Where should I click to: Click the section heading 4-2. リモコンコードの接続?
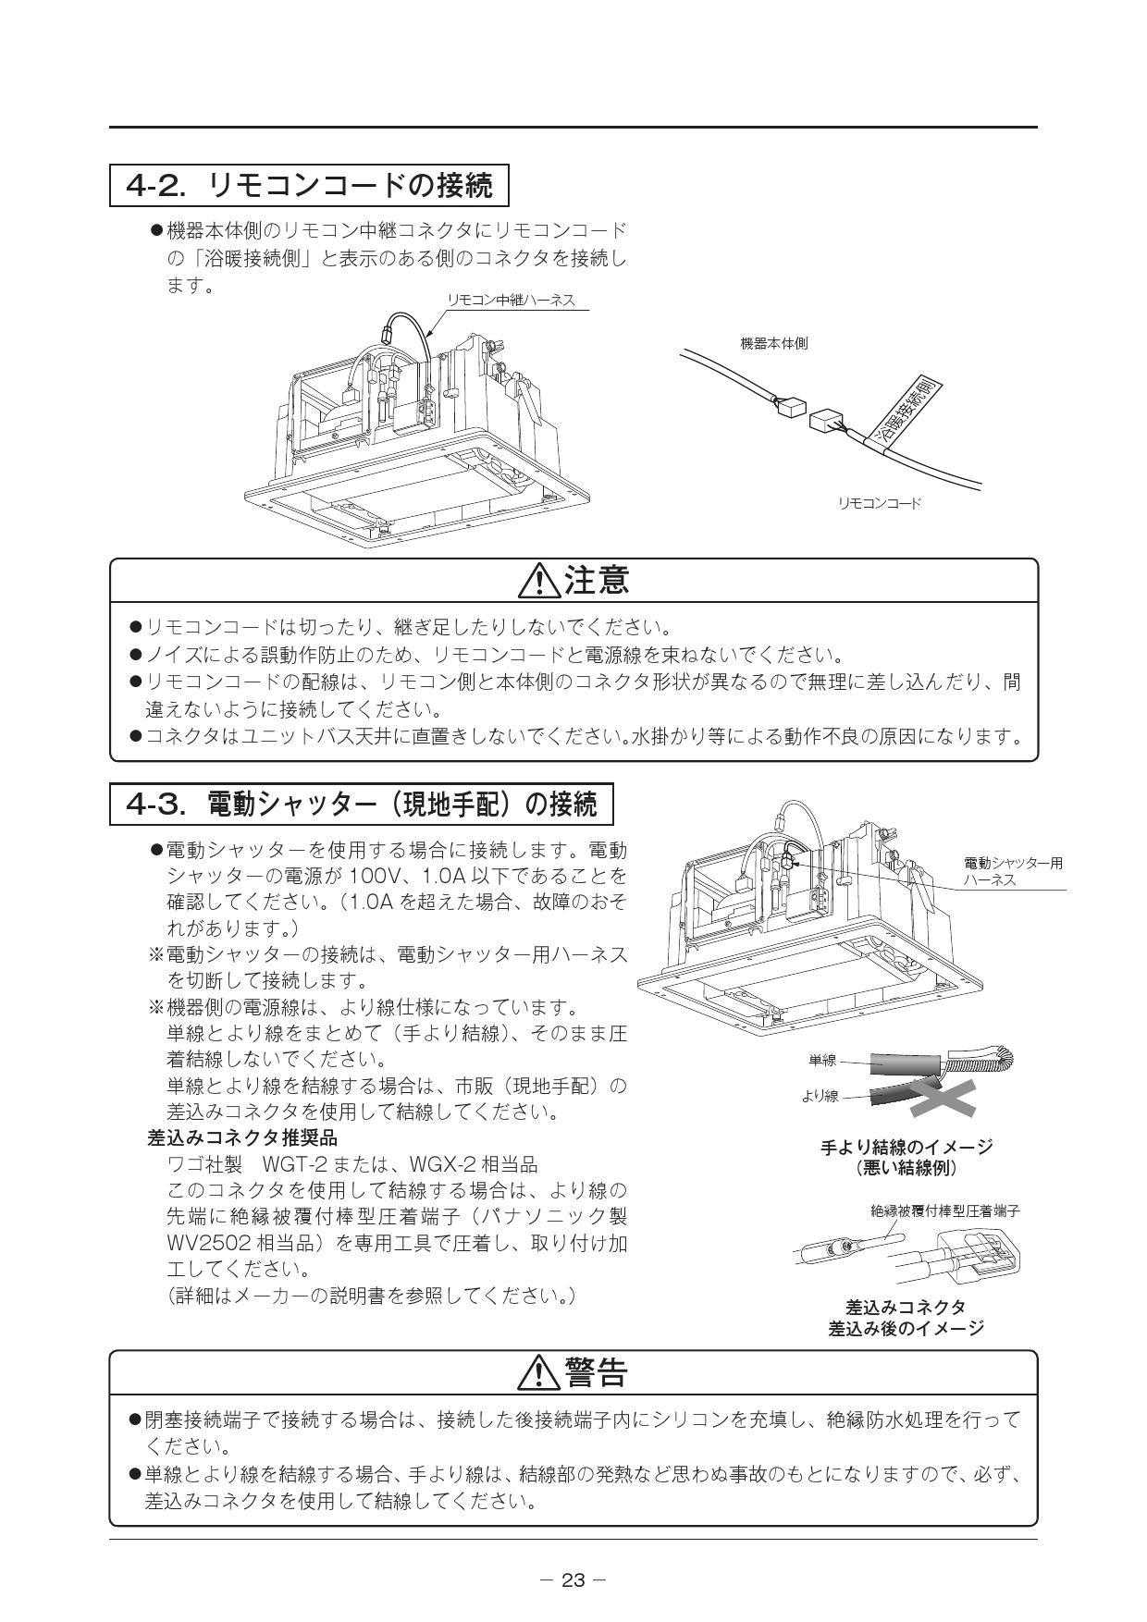coord(310,186)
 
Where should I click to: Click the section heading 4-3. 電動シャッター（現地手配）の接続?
coord(362,805)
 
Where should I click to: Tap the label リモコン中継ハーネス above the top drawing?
coord(511,300)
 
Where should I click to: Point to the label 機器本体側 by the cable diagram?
coord(773,343)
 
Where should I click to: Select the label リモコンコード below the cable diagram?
coord(879,503)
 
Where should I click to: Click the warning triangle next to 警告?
coord(536,1374)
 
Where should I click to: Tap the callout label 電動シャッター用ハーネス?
coord(1013,871)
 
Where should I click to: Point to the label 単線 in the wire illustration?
coord(821,1061)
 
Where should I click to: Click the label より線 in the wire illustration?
coord(820,1096)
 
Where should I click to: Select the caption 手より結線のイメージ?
coord(906,1147)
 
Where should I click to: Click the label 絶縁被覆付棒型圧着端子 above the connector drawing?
coord(944,1210)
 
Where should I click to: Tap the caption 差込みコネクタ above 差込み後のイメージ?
coord(906,1307)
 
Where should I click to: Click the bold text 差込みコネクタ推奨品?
coord(242,1137)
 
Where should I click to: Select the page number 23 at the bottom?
coord(573,1580)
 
